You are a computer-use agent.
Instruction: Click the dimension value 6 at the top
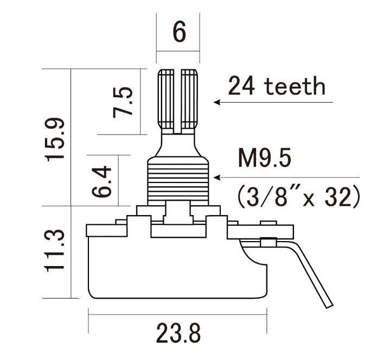(x=179, y=31)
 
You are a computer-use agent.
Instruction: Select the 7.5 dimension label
(x=123, y=102)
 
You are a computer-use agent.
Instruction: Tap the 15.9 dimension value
(x=55, y=140)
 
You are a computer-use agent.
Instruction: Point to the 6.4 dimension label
(x=101, y=181)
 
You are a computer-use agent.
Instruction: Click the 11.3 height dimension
(x=55, y=251)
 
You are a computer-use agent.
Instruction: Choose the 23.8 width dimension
(x=178, y=333)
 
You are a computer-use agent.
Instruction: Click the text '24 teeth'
(x=277, y=86)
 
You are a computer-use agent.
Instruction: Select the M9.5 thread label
(x=265, y=158)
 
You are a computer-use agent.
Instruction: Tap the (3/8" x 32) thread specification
(x=299, y=197)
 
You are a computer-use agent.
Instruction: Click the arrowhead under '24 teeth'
(x=216, y=102)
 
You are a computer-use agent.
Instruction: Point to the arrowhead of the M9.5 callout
(x=216, y=178)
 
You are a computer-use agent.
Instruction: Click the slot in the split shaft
(x=177, y=102)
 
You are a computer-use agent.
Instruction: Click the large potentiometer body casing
(x=178, y=267)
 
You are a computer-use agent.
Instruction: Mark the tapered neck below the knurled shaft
(x=178, y=146)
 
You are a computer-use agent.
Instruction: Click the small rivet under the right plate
(x=269, y=242)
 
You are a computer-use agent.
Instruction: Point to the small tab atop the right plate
(x=269, y=223)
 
